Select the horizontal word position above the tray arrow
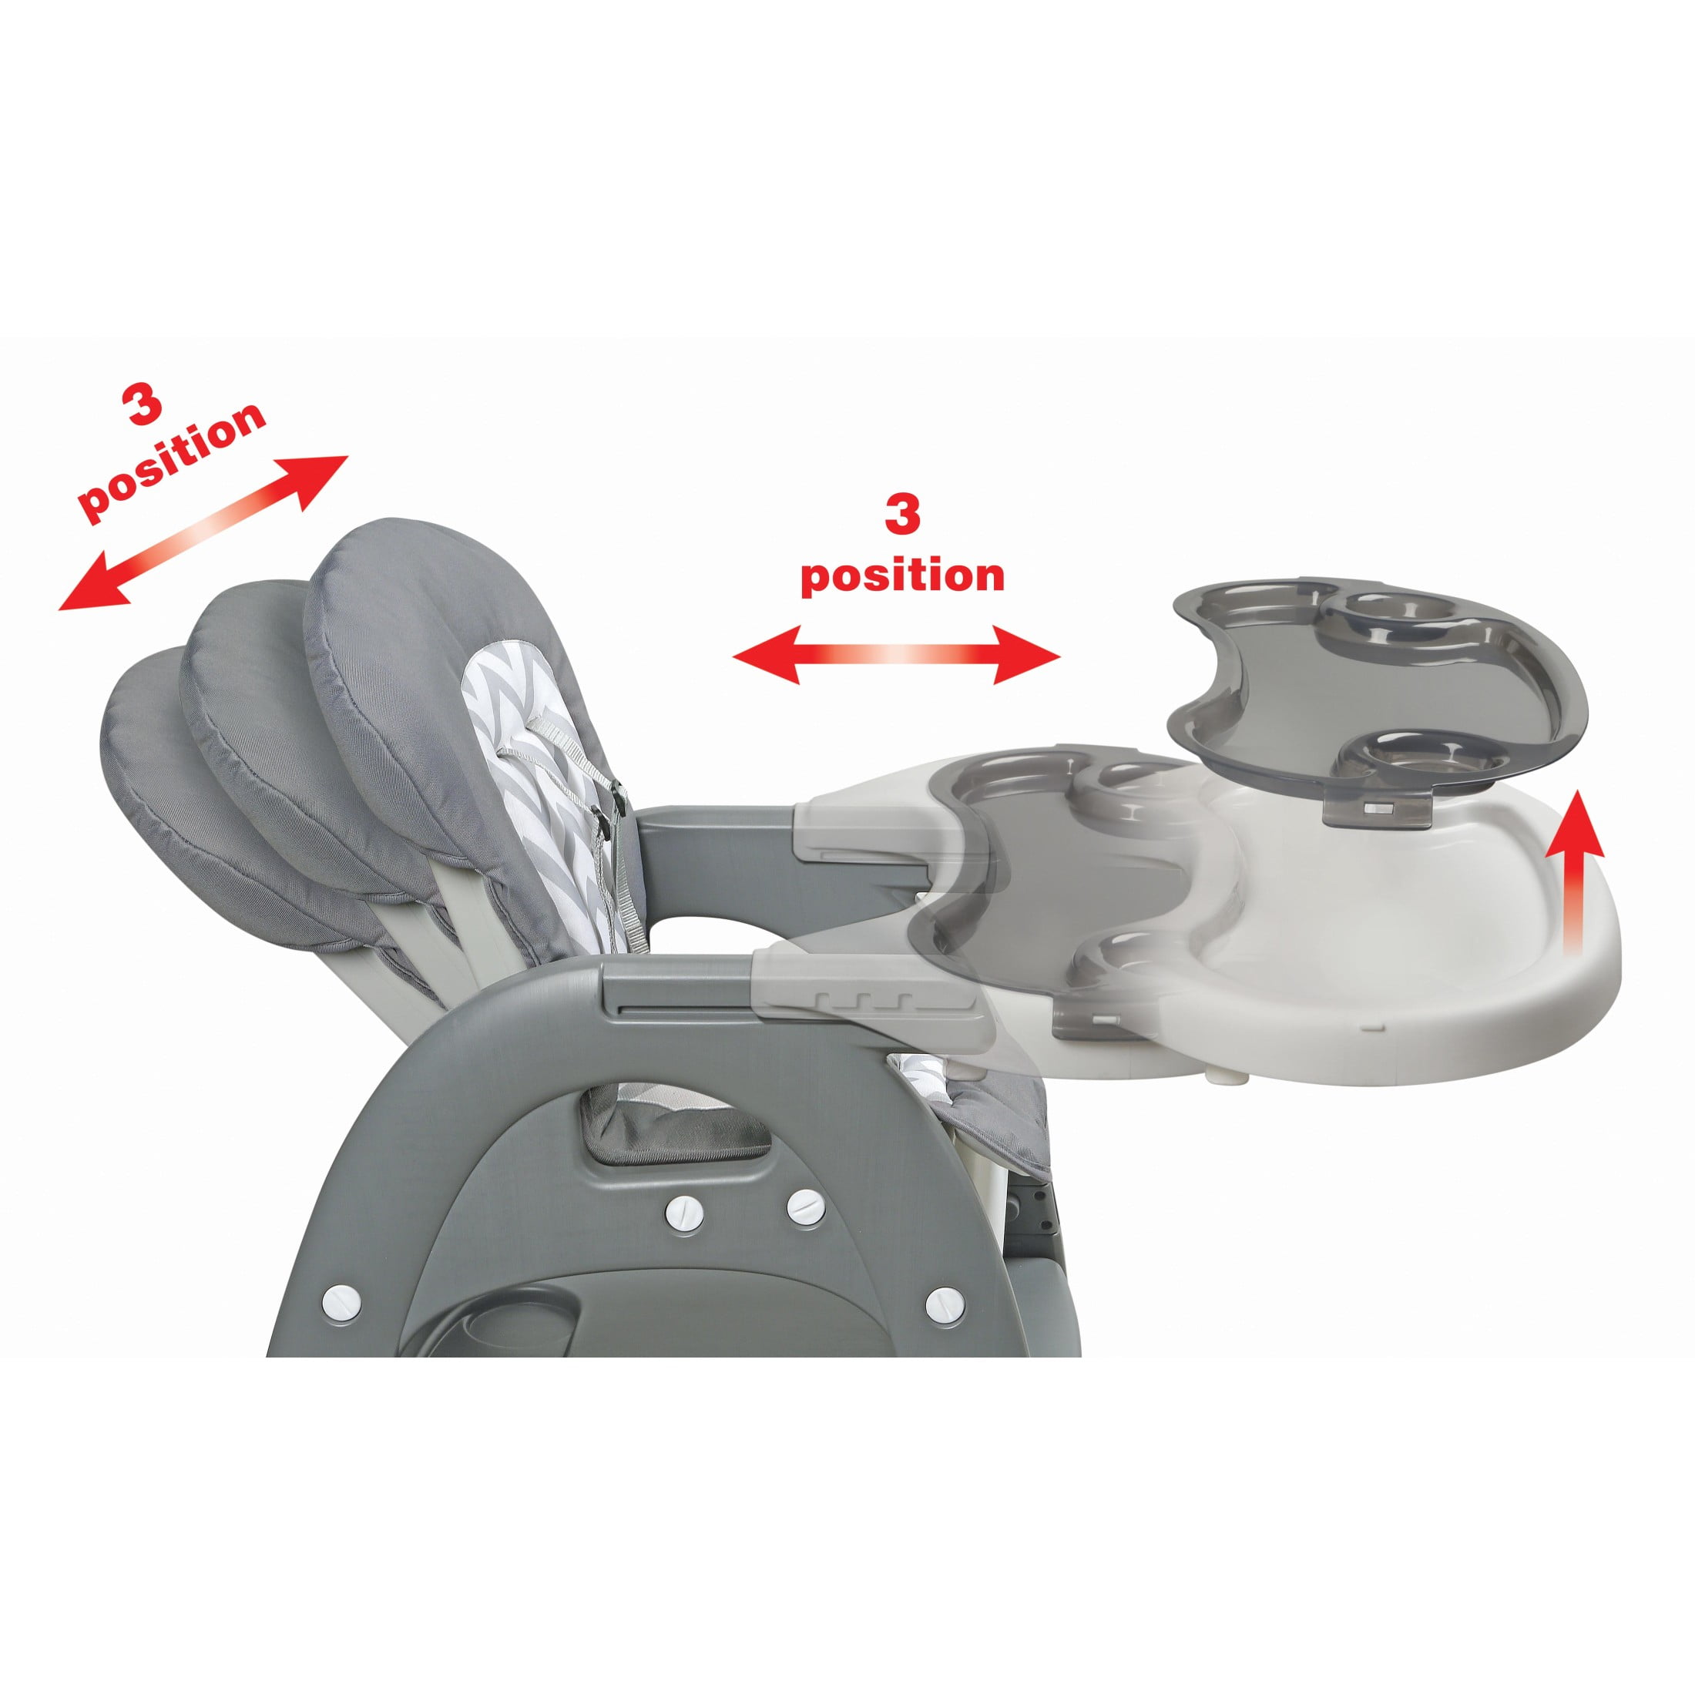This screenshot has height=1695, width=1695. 903,576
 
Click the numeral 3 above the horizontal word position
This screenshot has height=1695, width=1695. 902,514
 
